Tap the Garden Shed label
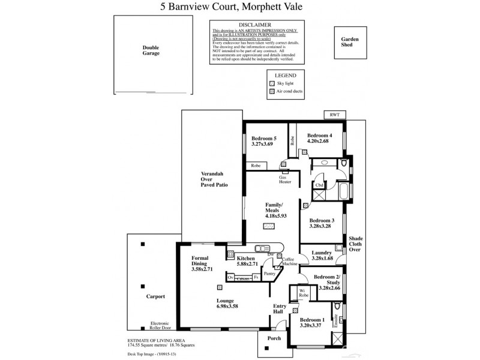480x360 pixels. click(x=350, y=42)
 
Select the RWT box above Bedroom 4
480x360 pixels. click(x=334, y=115)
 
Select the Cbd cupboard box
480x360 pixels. click(x=319, y=185)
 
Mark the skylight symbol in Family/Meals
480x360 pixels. click(x=268, y=226)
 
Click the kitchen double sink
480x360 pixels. click(x=264, y=248)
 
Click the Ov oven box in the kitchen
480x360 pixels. click(x=230, y=278)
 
